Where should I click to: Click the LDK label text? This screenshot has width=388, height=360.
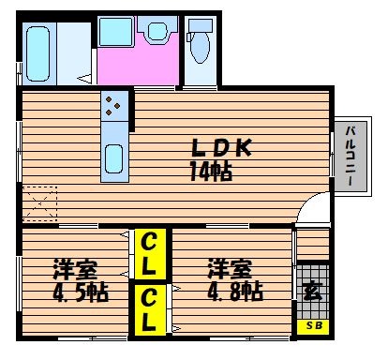pyautogui.click(x=221, y=148)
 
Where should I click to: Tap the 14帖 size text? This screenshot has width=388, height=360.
pyautogui.click(x=211, y=172)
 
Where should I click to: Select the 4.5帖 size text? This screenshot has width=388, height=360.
pyautogui.click(x=81, y=292)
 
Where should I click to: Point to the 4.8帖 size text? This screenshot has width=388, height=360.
pyautogui.click(x=235, y=291)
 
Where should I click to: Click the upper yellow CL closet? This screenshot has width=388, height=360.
pyautogui.click(x=150, y=254)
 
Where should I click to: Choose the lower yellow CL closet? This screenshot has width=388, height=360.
pyautogui.click(x=150, y=309)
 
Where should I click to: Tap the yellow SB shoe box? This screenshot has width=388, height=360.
pyautogui.click(x=313, y=326)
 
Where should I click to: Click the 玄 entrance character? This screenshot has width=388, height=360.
pyautogui.click(x=312, y=292)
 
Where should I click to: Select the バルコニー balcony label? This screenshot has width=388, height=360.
pyautogui.click(x=351, y=156)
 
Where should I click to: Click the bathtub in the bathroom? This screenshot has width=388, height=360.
pyautogui.click(x=38, y=53)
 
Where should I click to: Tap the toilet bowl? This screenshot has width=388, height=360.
pyautogui.click(x=200, y=46)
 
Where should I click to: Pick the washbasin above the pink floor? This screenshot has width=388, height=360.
pyautogui.click(x=157, y=30)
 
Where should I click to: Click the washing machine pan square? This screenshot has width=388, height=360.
pyautogui.click(x=116, y=32)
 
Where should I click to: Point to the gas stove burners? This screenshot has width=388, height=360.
pyautogui.click(x=112, y=106)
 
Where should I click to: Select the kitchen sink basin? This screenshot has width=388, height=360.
pyautogui.click(x=113, y=158)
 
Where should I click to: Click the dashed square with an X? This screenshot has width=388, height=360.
pyautogui.click(x=40, y=203)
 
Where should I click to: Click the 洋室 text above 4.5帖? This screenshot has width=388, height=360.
pyautogui.click(x=75, y=269)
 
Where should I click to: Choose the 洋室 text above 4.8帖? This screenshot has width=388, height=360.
pyautogui.click(x=230, y=269)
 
